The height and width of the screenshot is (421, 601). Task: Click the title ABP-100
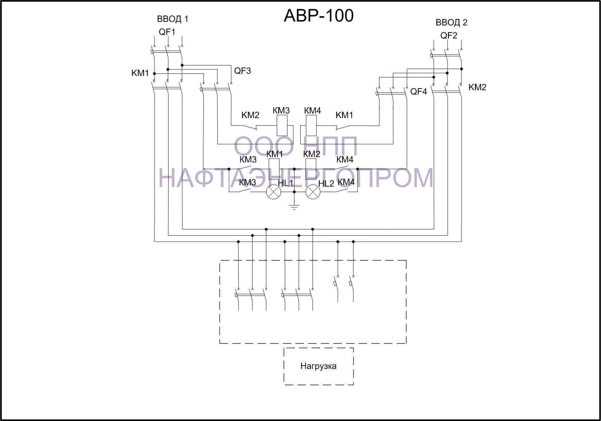point(319,15)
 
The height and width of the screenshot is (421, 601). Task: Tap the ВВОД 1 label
point(172,19)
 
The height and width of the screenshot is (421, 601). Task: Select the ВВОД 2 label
point(451,23)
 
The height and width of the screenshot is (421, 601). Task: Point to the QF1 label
point(167,32)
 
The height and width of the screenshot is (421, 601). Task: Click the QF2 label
point(449,36)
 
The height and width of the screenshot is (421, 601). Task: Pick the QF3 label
point(242,71)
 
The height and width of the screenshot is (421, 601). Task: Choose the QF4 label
point(419,92)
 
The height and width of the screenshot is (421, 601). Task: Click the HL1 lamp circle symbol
point(273,192)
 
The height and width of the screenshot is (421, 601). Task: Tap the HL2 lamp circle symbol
point(313,192)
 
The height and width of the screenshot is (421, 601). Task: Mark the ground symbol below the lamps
point(294,207)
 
